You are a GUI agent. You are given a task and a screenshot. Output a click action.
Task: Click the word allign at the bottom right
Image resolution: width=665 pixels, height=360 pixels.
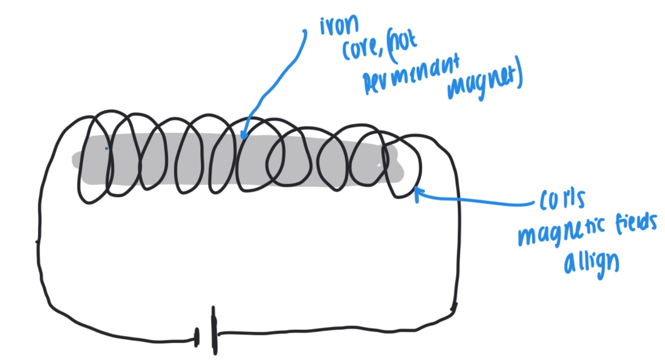(x=591, y=263)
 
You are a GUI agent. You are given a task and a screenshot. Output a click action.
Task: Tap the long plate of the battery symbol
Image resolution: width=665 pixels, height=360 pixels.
(x=214, y=330)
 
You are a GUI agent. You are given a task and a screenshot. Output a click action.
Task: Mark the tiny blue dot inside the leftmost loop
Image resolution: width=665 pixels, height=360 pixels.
(x=106, y=148)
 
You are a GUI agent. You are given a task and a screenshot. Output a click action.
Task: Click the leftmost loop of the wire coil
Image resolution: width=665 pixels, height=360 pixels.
(x=95, y=160)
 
